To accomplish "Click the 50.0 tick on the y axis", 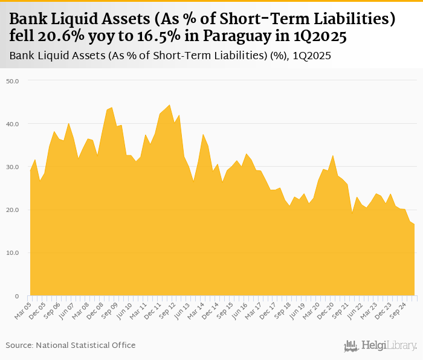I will [x=13, y=81].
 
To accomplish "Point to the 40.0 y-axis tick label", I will [x=13, y=124].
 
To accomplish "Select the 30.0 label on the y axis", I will [x=13, y=167].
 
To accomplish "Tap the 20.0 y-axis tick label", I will [x=13, y=210].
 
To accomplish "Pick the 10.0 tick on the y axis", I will [x=13, y=253].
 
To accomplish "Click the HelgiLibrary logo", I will [x=380, y=346].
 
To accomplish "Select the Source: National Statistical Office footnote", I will [x=71, y=345].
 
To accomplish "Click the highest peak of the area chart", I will [x=169, y=104].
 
